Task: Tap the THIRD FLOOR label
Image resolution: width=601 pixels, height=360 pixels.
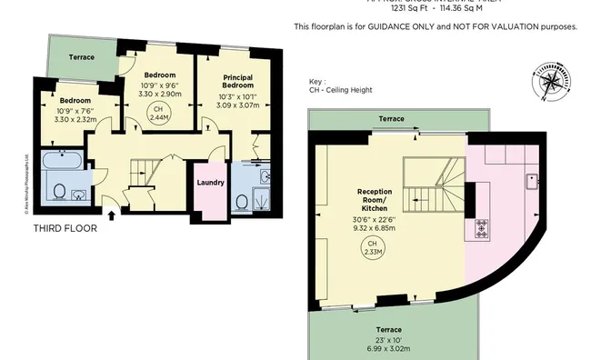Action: pos(65,228)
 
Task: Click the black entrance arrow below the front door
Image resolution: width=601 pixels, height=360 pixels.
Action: pos(111,215)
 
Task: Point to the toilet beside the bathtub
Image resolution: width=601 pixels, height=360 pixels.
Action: pos(59,191)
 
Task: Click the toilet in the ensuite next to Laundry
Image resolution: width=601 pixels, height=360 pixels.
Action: pos(243,199)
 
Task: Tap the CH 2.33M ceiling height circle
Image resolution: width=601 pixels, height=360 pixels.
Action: pos(371,248)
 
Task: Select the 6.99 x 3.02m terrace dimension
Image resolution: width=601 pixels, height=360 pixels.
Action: pos(390,348)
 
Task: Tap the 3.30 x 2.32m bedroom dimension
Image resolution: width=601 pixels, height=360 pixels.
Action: pos(75,119)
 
